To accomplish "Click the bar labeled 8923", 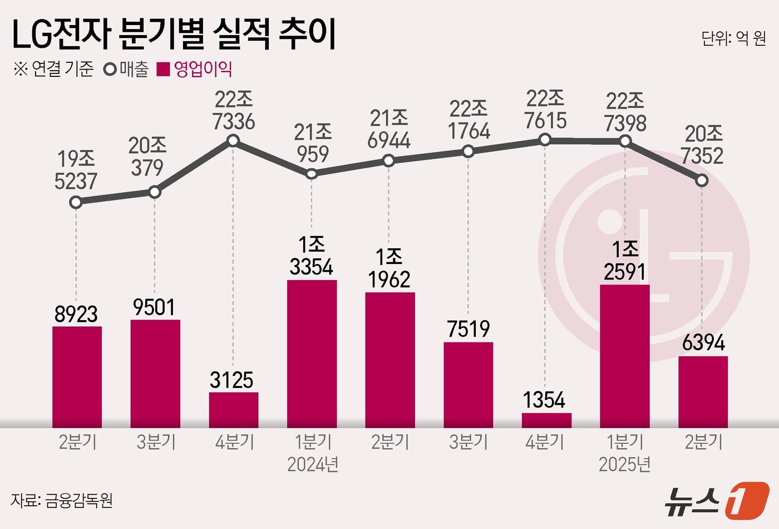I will [77, 376].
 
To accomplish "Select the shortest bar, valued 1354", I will [546, 420].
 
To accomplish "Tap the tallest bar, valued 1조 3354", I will [312, 354].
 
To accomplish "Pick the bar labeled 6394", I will [703, 391].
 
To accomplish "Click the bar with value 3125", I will [234, 410].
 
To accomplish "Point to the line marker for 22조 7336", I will [233, 141].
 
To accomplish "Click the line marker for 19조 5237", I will [76, 202].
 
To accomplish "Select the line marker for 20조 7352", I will [702, 180].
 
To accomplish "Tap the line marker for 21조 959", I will [312, 174].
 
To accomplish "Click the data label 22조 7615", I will [545, 110].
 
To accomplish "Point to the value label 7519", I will [469, 329].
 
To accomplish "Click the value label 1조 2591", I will [625, 261].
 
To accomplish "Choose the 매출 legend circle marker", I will [110, 70].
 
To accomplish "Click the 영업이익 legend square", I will [163, 70].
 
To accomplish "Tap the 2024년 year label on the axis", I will [313, 464].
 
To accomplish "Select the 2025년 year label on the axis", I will [625, 464].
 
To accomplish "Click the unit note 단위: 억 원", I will [733, 38].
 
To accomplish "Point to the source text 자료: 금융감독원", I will [62, 500].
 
